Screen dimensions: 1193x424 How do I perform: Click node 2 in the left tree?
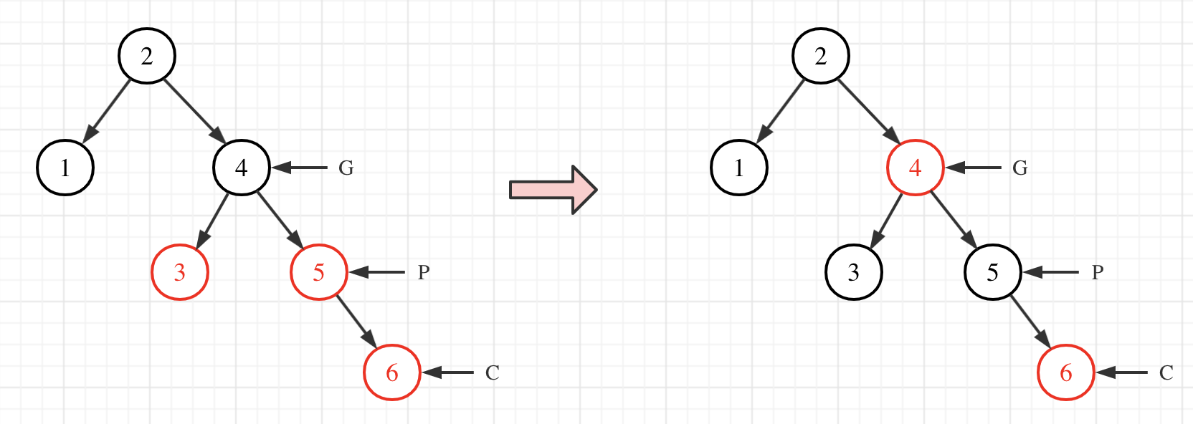pyautogui.click(x=147, y=56)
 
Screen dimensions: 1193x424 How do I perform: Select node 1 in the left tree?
pyautogui.click(x=65, y=168)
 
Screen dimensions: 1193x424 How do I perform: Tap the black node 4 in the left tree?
pyautogui.click(x=242, y=168)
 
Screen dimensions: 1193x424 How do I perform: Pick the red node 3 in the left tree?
pyautogui.click(x=180, y=272)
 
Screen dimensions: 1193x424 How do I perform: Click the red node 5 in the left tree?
pyautogui.click(x=319, y=272)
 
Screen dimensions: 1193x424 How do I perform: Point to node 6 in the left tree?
pyautogui.click(x=392, y=372)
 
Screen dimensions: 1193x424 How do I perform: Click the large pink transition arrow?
pyautogui.click(x=553, y=190)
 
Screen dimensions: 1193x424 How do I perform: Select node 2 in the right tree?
pyautogui.click(x=821, y=56)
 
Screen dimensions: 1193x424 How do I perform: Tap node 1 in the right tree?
pyautogui.click(x=739, y=168)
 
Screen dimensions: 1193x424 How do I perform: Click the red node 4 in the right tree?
pyautogui.click(x=916, y=168)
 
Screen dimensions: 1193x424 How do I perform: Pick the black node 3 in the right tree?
pyautogui.click(x=854, y=272)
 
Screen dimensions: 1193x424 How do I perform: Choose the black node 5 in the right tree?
pyautogui.click(x=993, y=272)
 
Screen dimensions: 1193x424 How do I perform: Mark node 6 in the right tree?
pyautogui.click(x=1066, y=372)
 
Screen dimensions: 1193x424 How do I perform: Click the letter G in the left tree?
pyautogui.click(x=346, y=168)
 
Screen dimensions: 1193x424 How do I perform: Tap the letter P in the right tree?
pyautogui.click(x=1098, y=273)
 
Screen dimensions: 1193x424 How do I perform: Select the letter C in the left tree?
pyautogui.click(x=493, y=373)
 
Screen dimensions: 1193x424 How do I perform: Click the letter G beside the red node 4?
pyautogui.click(x=1020, y=168)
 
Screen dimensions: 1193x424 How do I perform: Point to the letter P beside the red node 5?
pyautogui.click(x=424, y=273)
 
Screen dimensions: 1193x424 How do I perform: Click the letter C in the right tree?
pyautogui.click(x=1166, y=373)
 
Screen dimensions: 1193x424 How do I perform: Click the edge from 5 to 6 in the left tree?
pyautogui.click(x=356, y=322)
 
